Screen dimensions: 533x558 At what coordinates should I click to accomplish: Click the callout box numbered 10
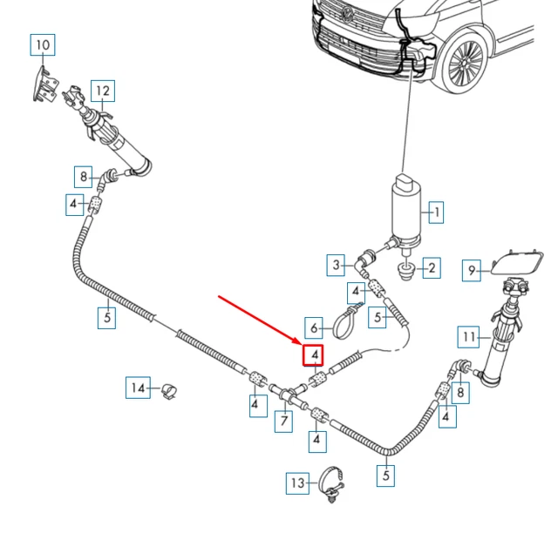pos(43,44)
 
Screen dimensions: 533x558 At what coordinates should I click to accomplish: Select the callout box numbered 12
pos(103,90)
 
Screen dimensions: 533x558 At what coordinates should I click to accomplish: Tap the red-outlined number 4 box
pos(312,355)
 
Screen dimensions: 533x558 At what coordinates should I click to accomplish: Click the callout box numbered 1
pos(437,210)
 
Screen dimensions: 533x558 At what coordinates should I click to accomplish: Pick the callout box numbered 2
pos(431,267)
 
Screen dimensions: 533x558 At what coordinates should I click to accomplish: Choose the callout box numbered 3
pos(336,263)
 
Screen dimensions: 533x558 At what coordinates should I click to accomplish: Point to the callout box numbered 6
pos(313,328)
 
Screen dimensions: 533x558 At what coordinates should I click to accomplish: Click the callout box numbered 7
pos(282,422)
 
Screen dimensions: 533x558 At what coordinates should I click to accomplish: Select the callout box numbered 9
pos(472,270)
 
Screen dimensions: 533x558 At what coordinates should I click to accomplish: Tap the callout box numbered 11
pos(469,336)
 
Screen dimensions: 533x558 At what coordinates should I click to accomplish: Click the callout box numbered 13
pos(298,482)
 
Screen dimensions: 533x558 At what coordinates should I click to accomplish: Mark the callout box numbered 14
pos(137,388)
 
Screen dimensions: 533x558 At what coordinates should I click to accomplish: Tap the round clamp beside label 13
pos(330,482)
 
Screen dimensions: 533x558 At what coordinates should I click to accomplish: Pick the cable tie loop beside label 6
pos(345,325)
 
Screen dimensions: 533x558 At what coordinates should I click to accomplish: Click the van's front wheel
pos(463,65)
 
